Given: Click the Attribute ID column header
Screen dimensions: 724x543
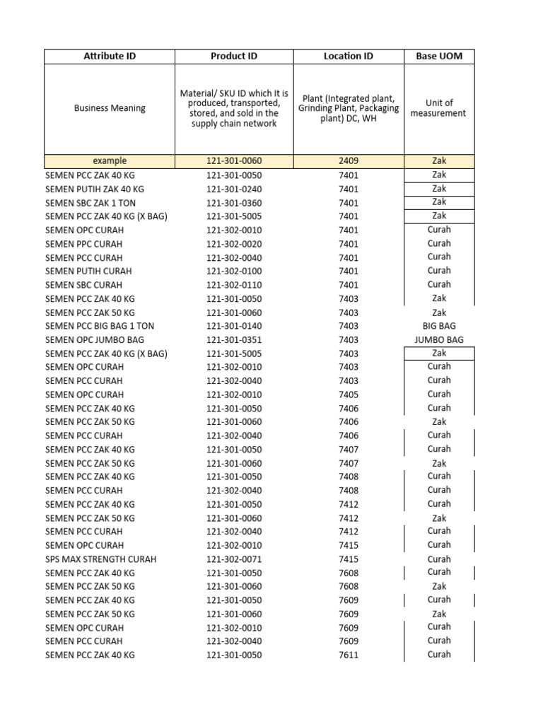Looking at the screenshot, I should click(110, 56).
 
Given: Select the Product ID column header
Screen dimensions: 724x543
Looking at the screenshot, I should click(233, 56).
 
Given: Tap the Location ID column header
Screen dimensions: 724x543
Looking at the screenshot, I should click(348, 56).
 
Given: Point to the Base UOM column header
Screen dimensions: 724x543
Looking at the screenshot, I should click(438, 56).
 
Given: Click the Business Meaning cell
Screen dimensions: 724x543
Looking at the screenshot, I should click(110, 108).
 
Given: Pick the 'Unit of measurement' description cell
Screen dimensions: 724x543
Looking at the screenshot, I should click(438, 108).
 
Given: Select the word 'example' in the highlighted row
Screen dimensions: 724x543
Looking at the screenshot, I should click(110, 161).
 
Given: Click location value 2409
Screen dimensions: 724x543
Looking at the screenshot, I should click(348, 161).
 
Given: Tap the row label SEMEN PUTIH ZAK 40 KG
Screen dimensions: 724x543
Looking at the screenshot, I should click(95, 189).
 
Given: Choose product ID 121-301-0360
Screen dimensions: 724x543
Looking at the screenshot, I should click(233, 203).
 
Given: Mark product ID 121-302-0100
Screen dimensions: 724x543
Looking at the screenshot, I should click(233, 271).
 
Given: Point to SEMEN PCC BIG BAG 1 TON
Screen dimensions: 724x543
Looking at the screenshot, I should click(100, 326).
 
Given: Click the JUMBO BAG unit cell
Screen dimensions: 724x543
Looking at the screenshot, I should click(438, 340).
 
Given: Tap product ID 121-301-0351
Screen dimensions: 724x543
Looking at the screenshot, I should click(233, 340).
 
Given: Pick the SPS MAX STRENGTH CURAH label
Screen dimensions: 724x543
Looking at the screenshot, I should click(101, 559).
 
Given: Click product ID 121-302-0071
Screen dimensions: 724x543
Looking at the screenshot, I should click(233, 559).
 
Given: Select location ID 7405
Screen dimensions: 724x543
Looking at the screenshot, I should click(348, 395).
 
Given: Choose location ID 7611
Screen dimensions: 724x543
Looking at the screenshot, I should click(348, 655).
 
